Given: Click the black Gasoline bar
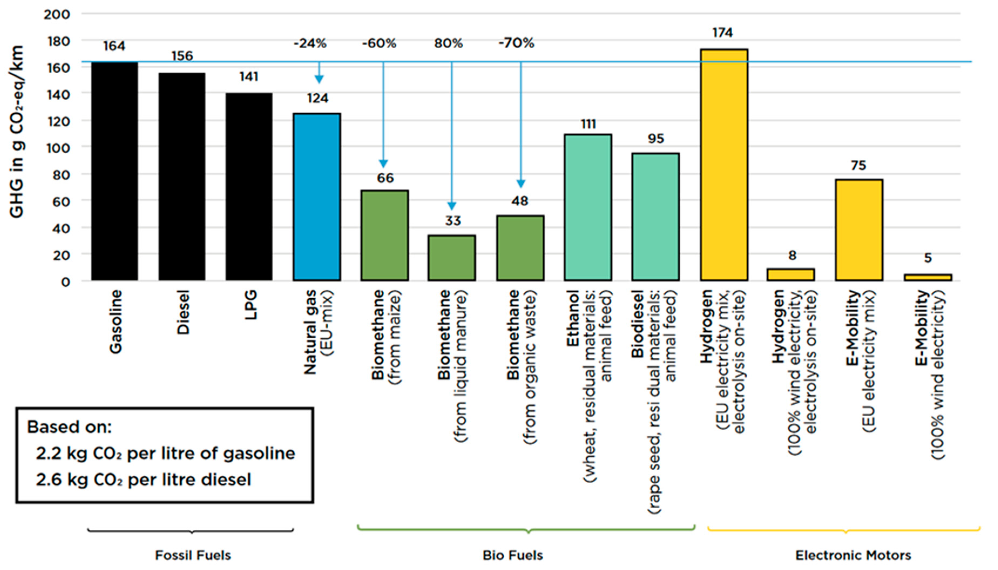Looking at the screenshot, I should [x=115, y=171].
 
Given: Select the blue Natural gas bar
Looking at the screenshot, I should [x=317, y=197].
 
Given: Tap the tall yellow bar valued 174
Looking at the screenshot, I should [x=724, y=165].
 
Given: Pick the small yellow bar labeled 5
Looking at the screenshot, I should [x=928, y=277].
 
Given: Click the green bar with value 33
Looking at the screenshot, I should [x=452, y=258].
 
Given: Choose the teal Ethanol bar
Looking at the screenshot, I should [x=588, y=207].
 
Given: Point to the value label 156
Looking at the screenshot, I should [x=182, y=56].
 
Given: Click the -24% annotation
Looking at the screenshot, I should [x=310, y=43].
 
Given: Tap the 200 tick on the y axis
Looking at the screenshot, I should [x=57, y=15].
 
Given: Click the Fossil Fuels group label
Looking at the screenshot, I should [x=193, y=555].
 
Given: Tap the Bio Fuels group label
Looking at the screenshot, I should [x=512, y=555].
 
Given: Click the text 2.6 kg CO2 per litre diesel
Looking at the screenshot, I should [x=143, y=480].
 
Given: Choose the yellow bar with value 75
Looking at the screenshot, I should [x=859, y=230].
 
